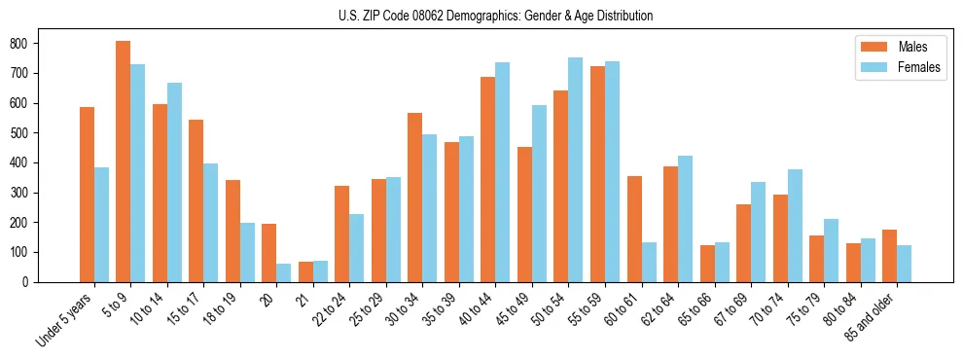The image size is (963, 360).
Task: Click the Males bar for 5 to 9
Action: pyautogui.click(x=124, y=162)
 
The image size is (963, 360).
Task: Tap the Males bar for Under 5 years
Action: pyautogui.click(x=87, y=195)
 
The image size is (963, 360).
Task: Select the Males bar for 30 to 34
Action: pyautogui.click(x=415, y=198)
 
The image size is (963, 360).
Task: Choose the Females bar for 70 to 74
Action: pyautogui.click(x=795, y=226)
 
